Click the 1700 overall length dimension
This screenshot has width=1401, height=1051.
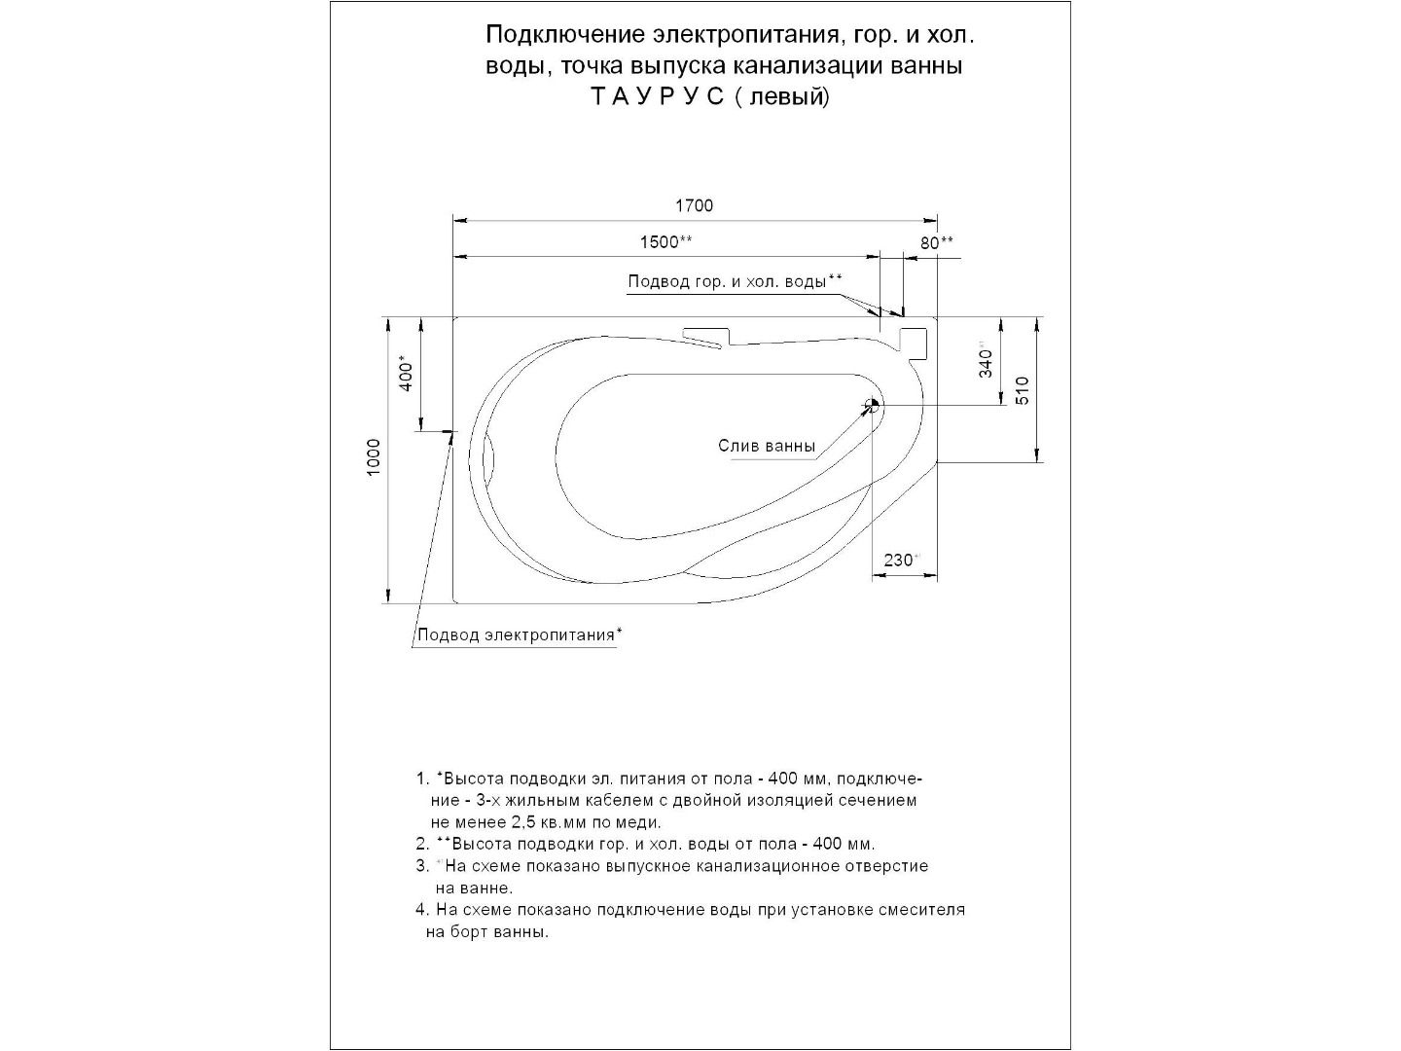click(x=694, y=205)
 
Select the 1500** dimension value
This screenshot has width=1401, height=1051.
click(x=665, y=242)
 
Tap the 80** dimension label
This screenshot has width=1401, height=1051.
click(x=936, y=242)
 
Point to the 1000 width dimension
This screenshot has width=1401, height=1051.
click(x=375, y=458)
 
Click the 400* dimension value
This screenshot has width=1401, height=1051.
click(x=408, y=375)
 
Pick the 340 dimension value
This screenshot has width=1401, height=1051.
click(x=987, y=363)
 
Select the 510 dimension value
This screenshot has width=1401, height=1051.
click(x=1022, y=390)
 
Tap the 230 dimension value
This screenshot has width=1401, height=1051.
click(x=900, y=560)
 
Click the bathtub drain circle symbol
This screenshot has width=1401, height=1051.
click(x=873, y=405)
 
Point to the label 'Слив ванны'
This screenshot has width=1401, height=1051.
click(x=767, y=447)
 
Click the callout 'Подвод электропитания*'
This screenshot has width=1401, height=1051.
click(x=520, y=635)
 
